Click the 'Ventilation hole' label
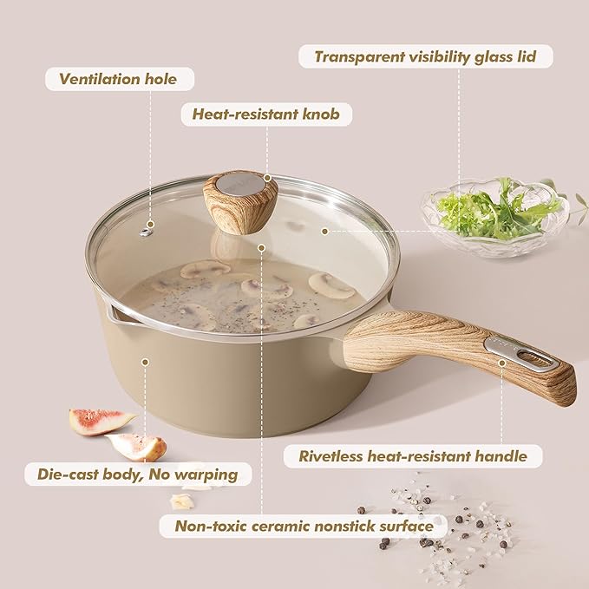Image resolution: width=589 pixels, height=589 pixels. (118, 80)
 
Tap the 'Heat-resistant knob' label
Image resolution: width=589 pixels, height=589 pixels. (266, 115)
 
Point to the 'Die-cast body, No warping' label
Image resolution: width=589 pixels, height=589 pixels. (138, 474)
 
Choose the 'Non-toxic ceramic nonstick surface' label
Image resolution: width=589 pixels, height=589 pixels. (304, 526)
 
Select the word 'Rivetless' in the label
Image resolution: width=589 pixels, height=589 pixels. (330, 456)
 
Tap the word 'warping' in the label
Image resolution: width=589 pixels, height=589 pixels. (212, 474)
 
